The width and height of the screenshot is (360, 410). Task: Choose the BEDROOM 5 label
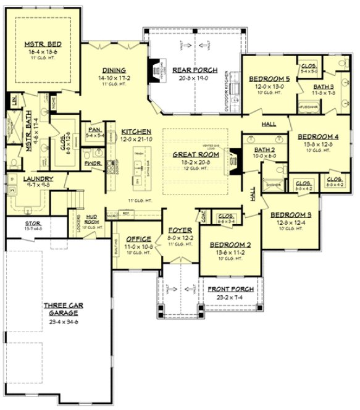pyautogui.click(x=269, y=79)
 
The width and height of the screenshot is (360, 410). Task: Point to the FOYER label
pyautogui.click(x=180, y=230)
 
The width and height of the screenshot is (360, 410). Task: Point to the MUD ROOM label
pyautogui.click(x=92, y=217)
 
